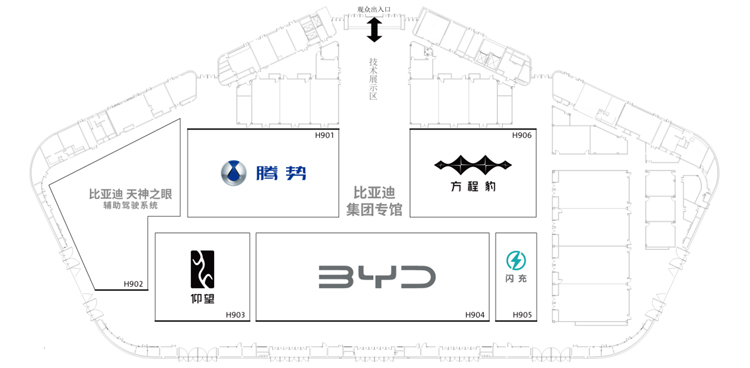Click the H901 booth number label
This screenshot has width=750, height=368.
coord(324,135)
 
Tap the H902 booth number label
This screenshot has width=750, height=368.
coord(133,284)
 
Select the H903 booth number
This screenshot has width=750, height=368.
coord(235,315)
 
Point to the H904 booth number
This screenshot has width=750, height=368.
coord(475,315)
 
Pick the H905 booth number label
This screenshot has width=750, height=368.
coord(522,315)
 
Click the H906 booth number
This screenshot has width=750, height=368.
coord(522,135)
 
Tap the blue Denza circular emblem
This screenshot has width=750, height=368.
coord(234,173)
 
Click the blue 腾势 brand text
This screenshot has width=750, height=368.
coord(281,173)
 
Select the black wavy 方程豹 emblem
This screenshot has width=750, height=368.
coord(473,165)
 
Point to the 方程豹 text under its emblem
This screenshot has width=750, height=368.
coord(473,186)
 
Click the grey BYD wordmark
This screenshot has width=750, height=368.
coord(377,277)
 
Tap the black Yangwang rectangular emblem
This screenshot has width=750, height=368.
coord(202,269)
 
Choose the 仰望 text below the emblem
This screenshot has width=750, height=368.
coord(202,299)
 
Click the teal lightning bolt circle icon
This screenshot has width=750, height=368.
coord(516,261)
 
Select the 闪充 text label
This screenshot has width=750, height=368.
coord(516,278)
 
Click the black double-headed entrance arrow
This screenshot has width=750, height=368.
coord(374,30)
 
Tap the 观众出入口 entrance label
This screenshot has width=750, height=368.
coord(374,9)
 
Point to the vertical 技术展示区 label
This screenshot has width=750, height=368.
coord(374,78)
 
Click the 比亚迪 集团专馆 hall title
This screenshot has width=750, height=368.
coord(374,201)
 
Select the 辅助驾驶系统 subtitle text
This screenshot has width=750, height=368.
coord(130,206)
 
